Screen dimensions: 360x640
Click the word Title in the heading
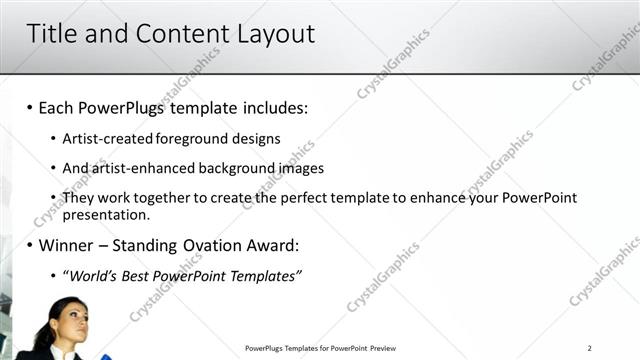[x=52, y=33]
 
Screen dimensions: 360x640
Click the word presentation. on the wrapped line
[x=106, y=214]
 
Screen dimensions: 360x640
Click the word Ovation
[x=211, y=245]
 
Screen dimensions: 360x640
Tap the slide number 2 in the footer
[x=590, y=348]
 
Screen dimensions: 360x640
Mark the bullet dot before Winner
[x=30, y=245]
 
